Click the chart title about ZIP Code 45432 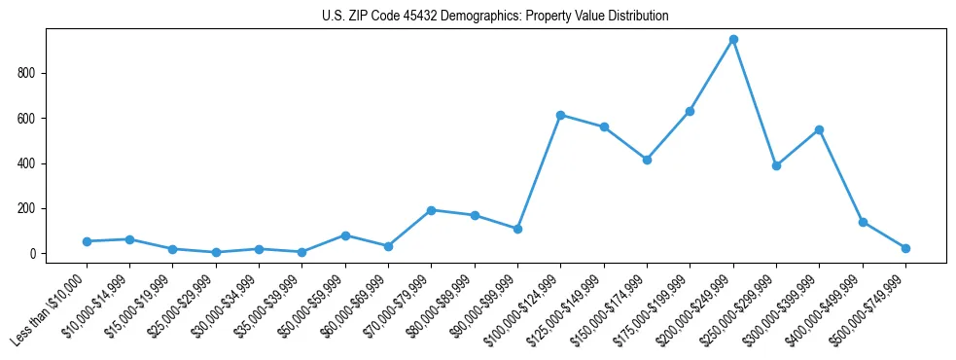[495, 17]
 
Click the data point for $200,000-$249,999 [733, 40]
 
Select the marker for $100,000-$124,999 [560, 115]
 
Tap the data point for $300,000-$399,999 [820, 129]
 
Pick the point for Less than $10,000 [87, 241]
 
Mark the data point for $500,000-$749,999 [905, 248]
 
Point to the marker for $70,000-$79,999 [431, 210]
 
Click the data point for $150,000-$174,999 [647, 160]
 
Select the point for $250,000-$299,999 [776, 165]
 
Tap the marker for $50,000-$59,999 [345, 235]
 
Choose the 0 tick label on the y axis [31, 254]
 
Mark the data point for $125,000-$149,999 [604, 127]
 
